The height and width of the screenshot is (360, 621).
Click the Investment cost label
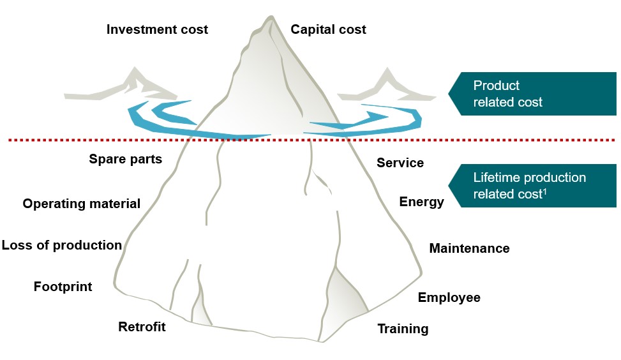click(x=157, y=29)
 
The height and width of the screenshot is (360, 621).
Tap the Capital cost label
click(x=328, y=29)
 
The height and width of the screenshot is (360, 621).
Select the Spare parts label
click(x=126, y=159)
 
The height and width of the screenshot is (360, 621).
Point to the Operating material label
click(x=81, y=204)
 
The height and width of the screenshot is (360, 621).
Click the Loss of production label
click(x=61, y=245)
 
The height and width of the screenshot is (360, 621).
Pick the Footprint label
click(x=63, y=287)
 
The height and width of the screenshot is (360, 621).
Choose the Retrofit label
click(x=142, y=327)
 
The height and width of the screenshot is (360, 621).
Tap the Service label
click(x=400, y=163)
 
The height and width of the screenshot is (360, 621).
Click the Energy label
click(x=421, y=202)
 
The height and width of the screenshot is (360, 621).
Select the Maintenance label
click(x=469, y=248)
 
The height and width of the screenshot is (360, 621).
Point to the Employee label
click(x=449, y=297)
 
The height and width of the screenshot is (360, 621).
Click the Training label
click(x=403, y=329)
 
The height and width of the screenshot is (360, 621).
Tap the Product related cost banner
click(x=533, y=94)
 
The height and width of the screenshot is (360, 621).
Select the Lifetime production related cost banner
click(x=533, y=185)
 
